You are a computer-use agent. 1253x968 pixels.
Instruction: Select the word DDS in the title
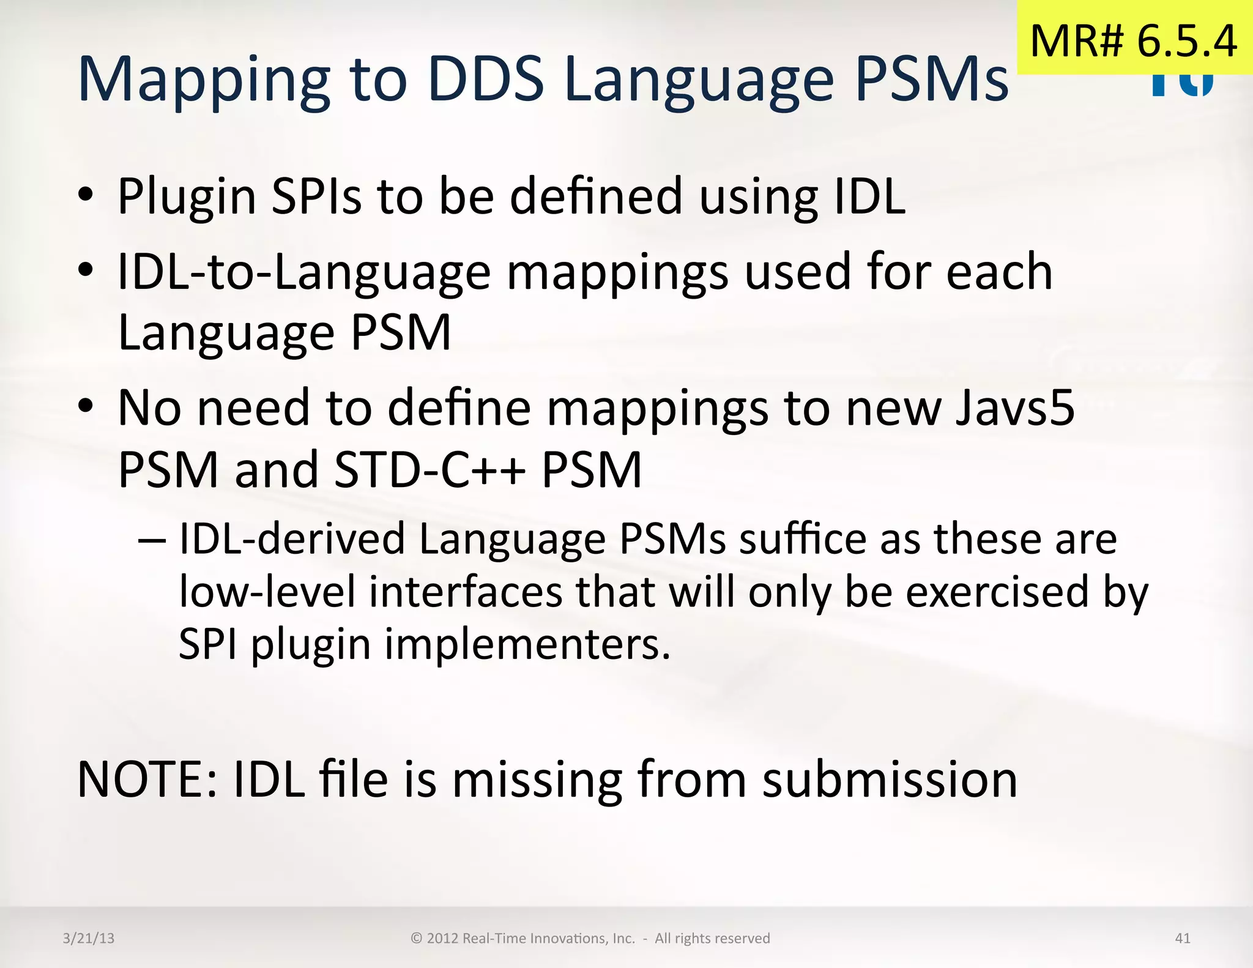click(486, 79)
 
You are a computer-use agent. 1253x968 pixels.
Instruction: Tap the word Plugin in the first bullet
click(187, 198)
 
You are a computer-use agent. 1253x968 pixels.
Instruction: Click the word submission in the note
click(890, 780)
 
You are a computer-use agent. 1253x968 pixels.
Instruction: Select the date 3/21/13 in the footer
click(89, 938)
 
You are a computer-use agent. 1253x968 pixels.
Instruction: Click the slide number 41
click(1183, 938)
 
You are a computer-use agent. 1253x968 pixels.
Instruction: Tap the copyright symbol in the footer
click(417, 938)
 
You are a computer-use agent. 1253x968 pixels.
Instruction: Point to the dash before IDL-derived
click(152, 540)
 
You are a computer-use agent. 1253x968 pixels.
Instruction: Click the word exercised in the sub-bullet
click(997, 592)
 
